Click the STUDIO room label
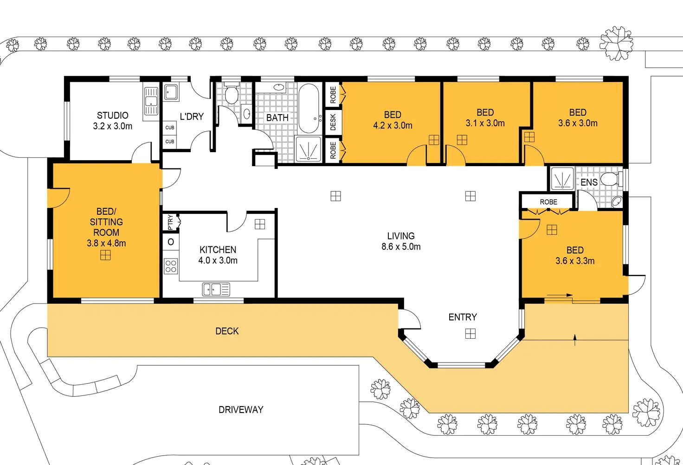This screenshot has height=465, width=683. click(x=112, y=116)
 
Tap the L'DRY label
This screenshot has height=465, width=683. click(x=192, y=116)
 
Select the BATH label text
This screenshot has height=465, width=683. click(x=277, y=118)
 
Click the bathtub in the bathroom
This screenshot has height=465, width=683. click(x=309, y=109)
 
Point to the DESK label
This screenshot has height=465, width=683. click(x=333, y=122)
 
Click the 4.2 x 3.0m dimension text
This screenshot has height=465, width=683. click(x=393, y=125)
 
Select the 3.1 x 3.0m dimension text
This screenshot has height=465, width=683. click(x=485, y=123)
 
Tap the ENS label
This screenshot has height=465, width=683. click(x=589, y=182)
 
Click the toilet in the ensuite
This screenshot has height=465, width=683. click(x=612, y=179)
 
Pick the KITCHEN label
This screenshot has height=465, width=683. click(x=218, y=250)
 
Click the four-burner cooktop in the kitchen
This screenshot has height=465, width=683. click(x=171, y=266)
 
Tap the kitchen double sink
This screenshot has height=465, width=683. click(x=216, y=290)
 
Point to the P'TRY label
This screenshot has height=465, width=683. click(x=170, y=222)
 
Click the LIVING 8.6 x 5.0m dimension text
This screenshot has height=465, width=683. click(x=401, y=246)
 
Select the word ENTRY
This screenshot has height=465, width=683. click(x=463, y=317)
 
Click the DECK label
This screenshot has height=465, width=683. click(x=227, y=331)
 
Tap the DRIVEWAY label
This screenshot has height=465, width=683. click(x=241, y=409)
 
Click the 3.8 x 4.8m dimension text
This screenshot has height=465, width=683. click(x=106, y=243)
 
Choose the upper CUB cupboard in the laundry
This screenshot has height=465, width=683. click(x=170, y=128)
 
